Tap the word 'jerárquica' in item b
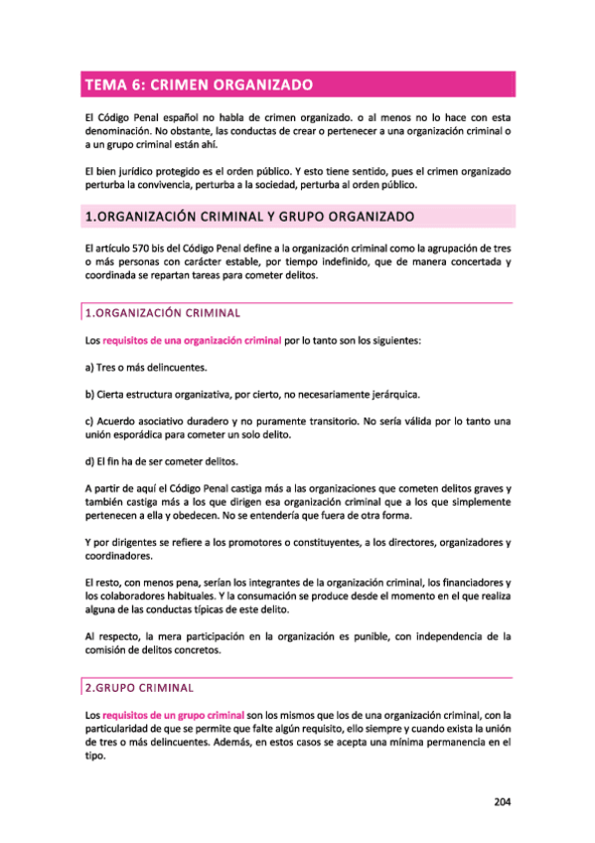(x=396, y=395)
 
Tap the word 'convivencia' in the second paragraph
(x=166, y=184)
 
